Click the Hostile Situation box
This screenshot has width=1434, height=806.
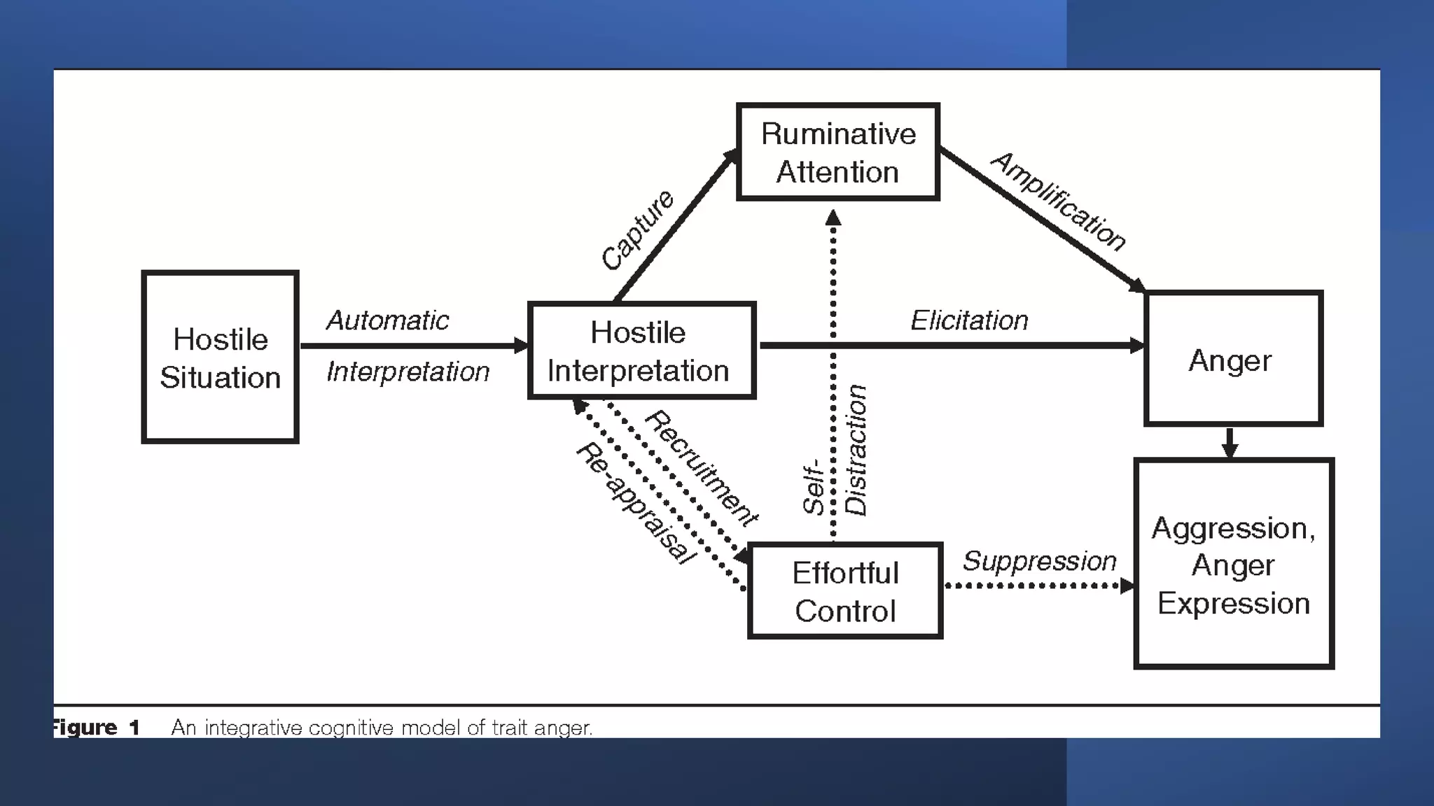tap(220, 358)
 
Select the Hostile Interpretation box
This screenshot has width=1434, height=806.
tap(641, 351)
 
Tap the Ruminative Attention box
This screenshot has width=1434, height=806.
tap(837, 153)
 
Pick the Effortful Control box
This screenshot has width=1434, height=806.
tap(845, 591)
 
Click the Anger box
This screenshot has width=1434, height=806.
tap(1232, 359)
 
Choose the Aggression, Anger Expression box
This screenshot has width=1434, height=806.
tap(1233, 564)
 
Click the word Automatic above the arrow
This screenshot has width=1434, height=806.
tap(387, 320)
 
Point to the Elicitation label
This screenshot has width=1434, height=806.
tap(969, 320)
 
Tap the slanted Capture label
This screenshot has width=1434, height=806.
tap(637, 229)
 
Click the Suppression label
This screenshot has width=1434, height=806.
tap(1039, 561)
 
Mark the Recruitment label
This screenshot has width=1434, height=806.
tap(701, 468)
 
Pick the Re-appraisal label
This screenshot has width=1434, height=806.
tap(636, 502)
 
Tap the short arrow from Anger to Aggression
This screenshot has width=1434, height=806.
tap(1230, 442)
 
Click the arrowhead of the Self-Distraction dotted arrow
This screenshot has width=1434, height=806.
tap(833, 218)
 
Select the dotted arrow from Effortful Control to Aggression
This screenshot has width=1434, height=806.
tap(1036, 586)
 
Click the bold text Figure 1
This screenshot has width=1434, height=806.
tap(97, 728)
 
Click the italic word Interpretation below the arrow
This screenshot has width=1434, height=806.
tap(408, 372)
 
